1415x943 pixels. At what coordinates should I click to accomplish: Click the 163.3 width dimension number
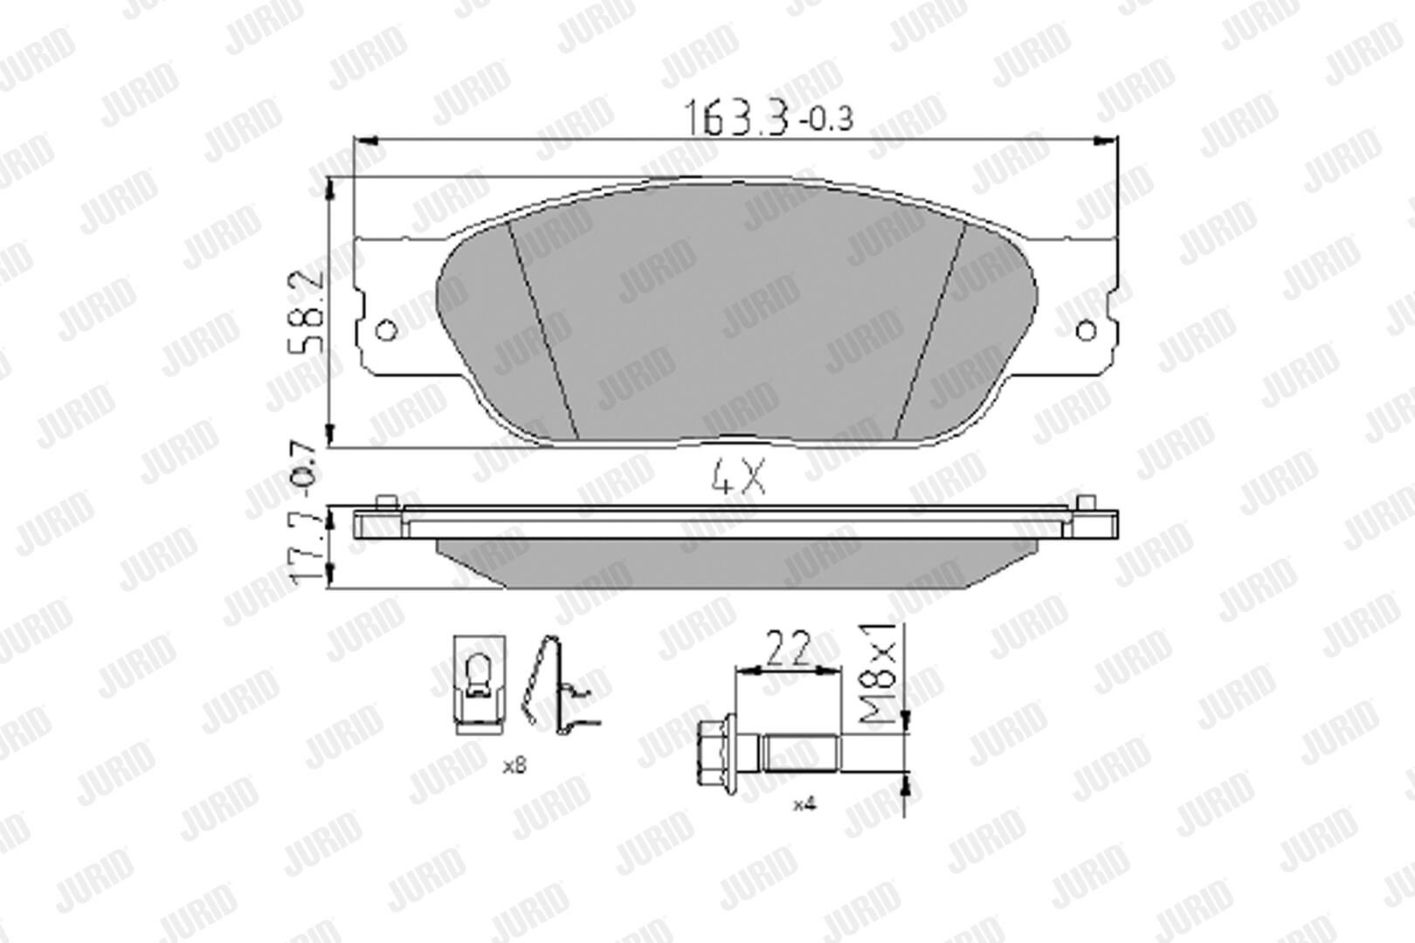click(736, 117)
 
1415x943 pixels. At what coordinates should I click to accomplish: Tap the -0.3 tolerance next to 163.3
click(826, 119)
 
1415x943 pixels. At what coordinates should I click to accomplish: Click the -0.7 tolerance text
click(306, 470)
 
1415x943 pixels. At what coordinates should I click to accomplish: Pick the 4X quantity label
click(738, 478)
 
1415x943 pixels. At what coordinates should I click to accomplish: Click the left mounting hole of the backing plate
click(386, 330)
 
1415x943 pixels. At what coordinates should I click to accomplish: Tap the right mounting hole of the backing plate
click(1086, 330)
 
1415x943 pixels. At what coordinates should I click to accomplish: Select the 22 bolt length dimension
click(788, 649)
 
